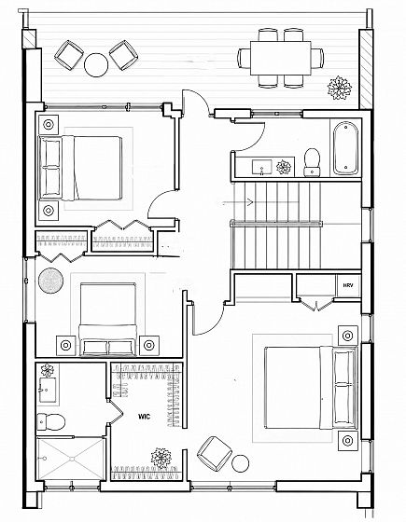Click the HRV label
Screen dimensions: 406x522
[x=347, y=285]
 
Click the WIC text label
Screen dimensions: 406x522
[x=145, y=417]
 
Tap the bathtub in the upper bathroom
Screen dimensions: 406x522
[x=345, y=148]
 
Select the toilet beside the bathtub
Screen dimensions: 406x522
[x=312, y=162]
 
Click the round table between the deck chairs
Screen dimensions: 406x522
[x=96, y=65]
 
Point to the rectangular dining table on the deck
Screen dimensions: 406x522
[x=281, y=58]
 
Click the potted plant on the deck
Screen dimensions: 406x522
[x=340, y=88]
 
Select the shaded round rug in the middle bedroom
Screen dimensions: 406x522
[x=51, y=281]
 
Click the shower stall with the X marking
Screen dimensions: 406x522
[x=71, y=459]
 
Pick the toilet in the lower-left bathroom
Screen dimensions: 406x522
[x=50, y=421]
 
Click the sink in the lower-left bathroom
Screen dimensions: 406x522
[x=49, y=390]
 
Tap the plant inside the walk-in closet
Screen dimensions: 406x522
[x=161, y=458]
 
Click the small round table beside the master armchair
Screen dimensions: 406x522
[x=241, y=463]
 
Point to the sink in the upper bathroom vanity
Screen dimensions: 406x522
[x=262, y=167]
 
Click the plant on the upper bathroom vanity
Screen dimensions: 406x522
[x=284, y=167]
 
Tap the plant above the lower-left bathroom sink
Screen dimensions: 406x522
[x=47, y=370]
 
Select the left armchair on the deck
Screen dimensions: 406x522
[x=69, y=55]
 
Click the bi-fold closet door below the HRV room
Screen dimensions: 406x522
[x=316, y=304]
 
